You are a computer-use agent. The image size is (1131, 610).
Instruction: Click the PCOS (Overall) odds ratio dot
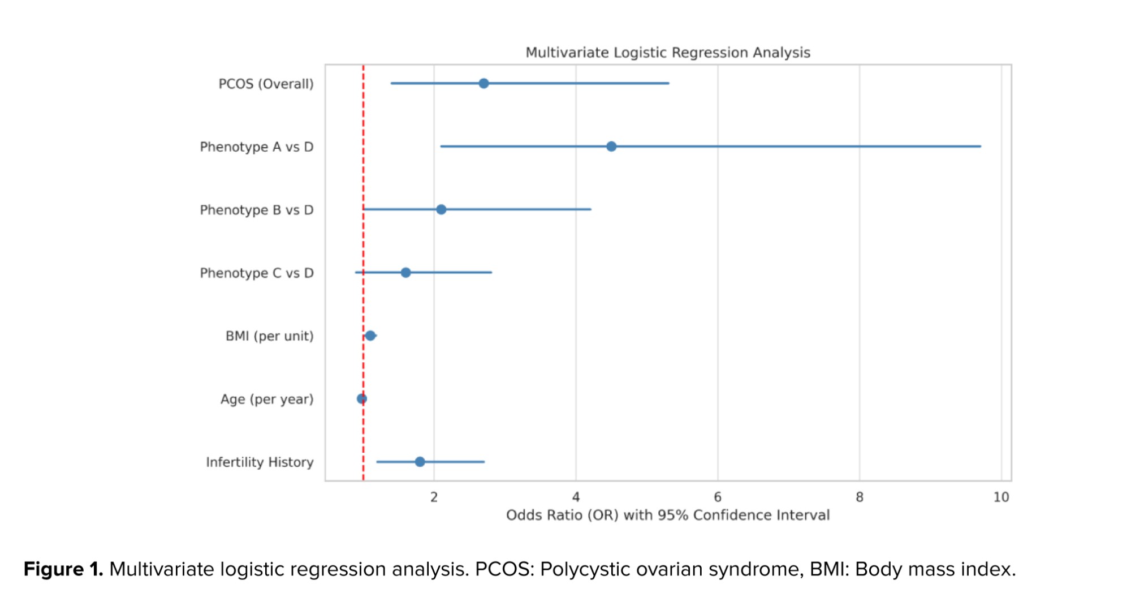[484, 84]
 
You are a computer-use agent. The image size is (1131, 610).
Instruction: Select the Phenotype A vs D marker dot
[611, 147]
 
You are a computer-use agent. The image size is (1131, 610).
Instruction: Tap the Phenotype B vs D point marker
[441, 210]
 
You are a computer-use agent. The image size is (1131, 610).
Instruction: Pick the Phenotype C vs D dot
[405, 273]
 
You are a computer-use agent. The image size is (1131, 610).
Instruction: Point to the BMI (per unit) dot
[370, 336]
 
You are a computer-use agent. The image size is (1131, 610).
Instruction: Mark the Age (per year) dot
[362, 399]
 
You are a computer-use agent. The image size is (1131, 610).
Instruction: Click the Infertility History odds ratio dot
[420, 462]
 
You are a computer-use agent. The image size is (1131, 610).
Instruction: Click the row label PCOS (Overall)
[266, 84]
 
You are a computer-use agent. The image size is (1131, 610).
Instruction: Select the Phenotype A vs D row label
[256, 147]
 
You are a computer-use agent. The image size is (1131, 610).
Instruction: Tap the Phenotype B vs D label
[256, 211]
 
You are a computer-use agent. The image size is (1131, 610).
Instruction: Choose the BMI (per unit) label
[269, 336]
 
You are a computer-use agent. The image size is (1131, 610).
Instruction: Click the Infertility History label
[260, 462]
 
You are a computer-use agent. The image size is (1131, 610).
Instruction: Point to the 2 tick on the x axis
[434, 497]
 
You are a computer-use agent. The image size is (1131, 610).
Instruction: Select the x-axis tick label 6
[718, 497]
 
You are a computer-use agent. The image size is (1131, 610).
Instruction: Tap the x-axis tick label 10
[1001, 497]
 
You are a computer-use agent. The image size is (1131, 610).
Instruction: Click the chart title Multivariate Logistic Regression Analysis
[668, 53]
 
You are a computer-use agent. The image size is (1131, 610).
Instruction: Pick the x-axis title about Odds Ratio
[668, 516]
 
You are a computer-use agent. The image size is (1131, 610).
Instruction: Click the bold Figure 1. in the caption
[63, 569]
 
